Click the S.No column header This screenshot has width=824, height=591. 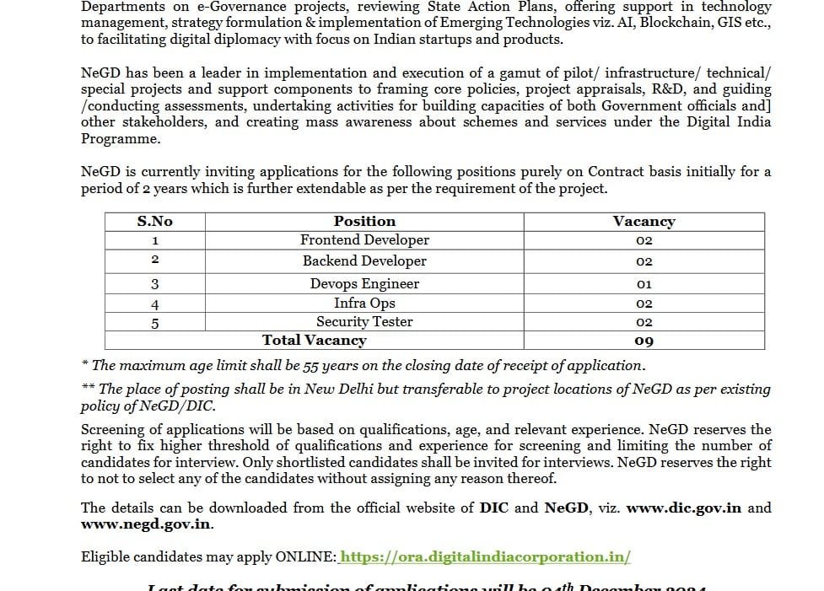pos(154,221)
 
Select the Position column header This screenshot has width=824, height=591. pos(364,221)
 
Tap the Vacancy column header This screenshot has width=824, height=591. pos(644,222)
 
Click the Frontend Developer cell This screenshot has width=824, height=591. pos(364,240)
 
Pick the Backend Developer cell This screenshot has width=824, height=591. pos(364,261)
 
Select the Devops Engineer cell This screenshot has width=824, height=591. pos(364,284)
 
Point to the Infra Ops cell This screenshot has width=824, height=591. pos(364,304)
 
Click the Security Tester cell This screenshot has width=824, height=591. pos(364,322)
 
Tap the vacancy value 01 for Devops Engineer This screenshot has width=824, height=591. pos(644,285)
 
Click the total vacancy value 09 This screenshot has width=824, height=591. pos(644,341)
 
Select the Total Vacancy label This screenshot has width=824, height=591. pos(315,341)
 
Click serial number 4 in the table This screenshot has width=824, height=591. pos(154,304)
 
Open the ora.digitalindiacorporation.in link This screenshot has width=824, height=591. pos(486,557)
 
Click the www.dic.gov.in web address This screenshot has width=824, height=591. pos(684,508)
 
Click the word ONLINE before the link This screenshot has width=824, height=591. pos(309,557)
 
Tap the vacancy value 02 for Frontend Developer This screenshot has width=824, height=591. pos(644,241)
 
